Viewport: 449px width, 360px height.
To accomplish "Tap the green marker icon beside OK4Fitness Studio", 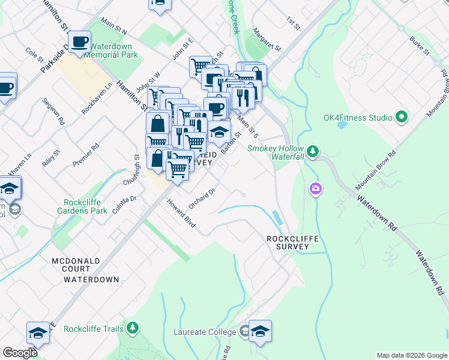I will [x=402, y=117].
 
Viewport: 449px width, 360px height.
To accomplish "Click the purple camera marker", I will [x=315, y=190].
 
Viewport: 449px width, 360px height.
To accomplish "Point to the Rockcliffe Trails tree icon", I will [x=133, y=328].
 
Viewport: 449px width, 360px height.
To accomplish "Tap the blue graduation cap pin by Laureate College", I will [x=260, y=331].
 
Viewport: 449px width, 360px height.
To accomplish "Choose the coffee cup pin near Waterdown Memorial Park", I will [x=79, y=42].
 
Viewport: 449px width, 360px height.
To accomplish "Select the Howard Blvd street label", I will [x=181, y=213].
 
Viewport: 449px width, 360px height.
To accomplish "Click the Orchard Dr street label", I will [x=201, y=196].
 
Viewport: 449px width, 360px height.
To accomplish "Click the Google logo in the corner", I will [x=20, y=353].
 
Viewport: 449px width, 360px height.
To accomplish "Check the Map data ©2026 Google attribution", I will [x=411, y=355].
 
